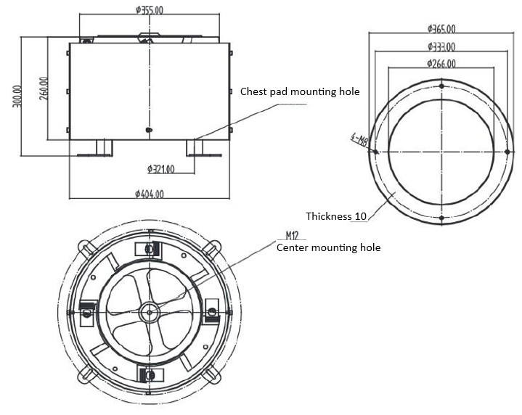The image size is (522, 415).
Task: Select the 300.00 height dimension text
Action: [16, 96]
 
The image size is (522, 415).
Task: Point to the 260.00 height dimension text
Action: [44, 89]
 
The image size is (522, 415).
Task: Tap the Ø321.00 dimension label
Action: [160, 170]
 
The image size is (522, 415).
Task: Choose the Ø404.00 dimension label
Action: [150, 194]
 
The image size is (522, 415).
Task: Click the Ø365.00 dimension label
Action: [441, 29]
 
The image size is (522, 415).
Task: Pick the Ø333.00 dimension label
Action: [441, 47]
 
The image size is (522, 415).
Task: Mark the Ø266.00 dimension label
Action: [441, 64]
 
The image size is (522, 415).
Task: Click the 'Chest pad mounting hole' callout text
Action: [300, 92]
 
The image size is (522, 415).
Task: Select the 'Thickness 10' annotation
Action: [336, 216]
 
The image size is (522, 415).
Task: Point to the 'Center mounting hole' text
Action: [328, 247]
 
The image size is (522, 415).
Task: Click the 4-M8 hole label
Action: [359, 138]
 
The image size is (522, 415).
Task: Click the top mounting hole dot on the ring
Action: [441, 86]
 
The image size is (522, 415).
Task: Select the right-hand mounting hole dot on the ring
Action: [507, 152]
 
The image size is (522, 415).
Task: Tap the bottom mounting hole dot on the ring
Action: [441, 218]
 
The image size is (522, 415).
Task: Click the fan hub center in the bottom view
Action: [150, 312]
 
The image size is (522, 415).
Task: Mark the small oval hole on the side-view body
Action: [150, 130]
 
